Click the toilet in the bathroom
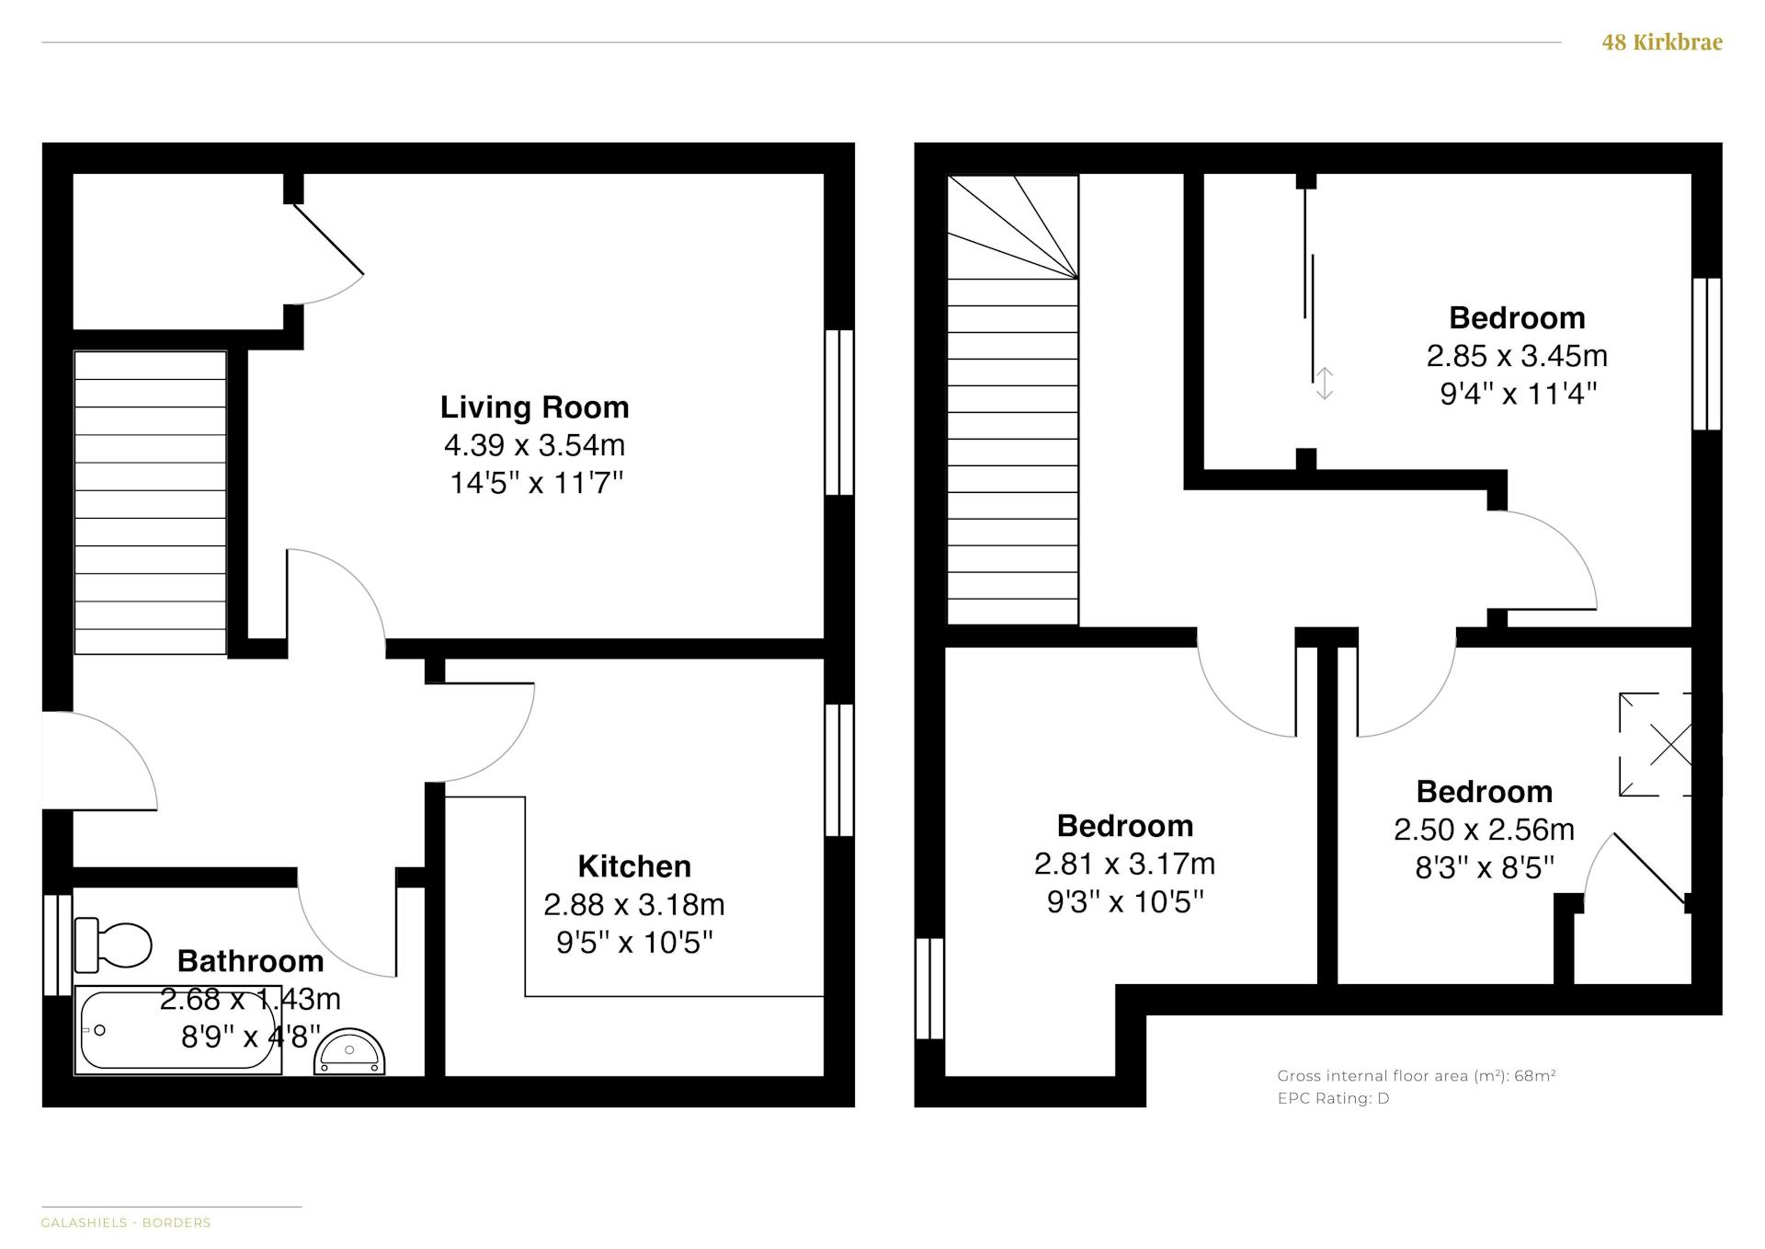coord(112,945)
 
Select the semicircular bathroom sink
coord(349,1051)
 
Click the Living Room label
coord(534,407)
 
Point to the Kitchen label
coord(634,866)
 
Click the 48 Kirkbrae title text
coord(1662,42)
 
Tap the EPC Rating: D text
coord(1333,1098)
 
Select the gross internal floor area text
coord(1416,1076)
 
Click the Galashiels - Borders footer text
coord(126,1222)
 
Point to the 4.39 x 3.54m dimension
coord(534,445)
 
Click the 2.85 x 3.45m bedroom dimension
coord(1517,356)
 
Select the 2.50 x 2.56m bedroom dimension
coord(1484,830)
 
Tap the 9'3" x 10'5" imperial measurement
coord(1125,902)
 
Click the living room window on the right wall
coord(839,413)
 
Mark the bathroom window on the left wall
coord(57,945)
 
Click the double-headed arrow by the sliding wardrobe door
coord(1324,384)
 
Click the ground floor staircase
coord(150,503)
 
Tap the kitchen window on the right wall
coord(839,771)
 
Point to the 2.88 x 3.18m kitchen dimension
coord(634,905)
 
